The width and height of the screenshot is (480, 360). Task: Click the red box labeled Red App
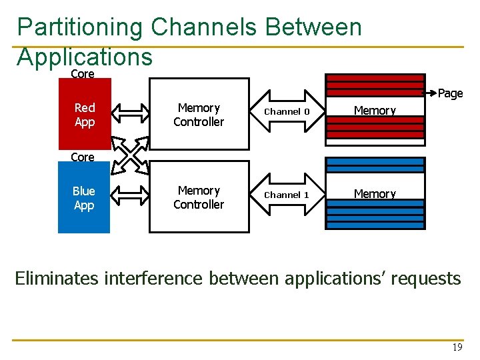(84, 115)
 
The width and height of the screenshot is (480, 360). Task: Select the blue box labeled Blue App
(84, 199)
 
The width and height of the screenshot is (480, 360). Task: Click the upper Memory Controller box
(199, 115)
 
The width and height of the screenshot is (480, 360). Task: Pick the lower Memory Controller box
(199, 197)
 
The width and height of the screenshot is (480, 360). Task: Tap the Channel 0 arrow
(287, 111)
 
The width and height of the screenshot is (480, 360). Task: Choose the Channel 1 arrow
(287, 195)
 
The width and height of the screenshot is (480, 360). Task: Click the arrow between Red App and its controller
(129, 115)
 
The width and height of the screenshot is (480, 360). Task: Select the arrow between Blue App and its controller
(129, 197)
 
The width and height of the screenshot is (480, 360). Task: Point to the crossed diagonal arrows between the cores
(129, 156)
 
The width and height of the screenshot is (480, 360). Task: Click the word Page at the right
(450, 93)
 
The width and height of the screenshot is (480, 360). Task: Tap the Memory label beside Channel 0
(375, 111)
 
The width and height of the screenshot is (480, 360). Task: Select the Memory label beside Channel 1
(375, 194)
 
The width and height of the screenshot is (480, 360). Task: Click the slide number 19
(457, 347)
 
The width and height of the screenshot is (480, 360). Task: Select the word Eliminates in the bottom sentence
(57, 278)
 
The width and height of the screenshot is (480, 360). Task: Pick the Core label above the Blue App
(83, 157)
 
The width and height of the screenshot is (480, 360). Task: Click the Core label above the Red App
(83, 74)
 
